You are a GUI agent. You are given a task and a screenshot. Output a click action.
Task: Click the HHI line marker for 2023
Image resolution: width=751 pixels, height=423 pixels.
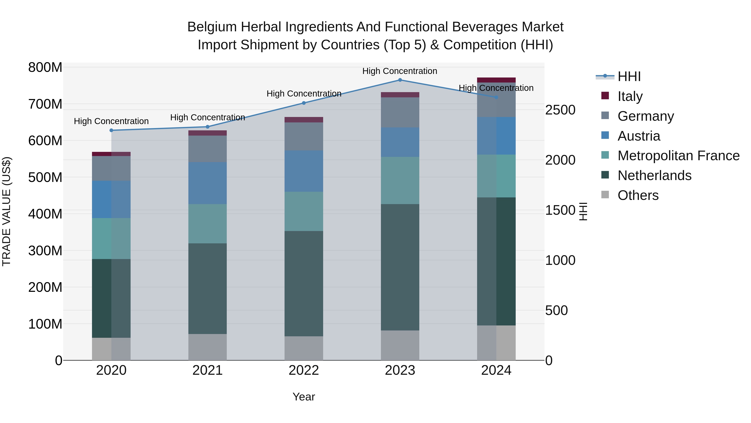400,80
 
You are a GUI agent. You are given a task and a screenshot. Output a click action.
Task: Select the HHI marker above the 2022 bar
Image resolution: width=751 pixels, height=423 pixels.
304,103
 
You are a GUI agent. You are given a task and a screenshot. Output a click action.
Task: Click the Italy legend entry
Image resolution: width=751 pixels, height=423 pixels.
630,96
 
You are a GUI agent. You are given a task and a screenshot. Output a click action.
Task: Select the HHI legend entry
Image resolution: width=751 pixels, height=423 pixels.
629,76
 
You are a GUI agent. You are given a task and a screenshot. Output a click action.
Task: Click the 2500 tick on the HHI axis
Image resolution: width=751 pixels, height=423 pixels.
560,110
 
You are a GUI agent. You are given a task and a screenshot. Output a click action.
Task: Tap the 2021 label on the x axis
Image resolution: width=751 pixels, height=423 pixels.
208,370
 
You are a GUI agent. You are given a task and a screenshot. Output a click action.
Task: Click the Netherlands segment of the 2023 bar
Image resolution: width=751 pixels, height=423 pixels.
400,267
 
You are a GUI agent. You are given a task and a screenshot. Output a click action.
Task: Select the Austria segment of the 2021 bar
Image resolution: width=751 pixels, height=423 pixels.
208,183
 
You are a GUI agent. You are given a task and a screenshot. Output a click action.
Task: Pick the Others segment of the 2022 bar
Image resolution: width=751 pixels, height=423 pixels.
304,348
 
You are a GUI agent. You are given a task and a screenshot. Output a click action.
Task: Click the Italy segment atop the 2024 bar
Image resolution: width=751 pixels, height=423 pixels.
496,80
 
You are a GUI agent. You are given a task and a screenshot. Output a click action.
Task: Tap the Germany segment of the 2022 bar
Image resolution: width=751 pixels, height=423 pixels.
304,136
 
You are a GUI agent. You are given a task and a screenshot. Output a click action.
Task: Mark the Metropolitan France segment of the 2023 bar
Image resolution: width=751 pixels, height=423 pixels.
400,180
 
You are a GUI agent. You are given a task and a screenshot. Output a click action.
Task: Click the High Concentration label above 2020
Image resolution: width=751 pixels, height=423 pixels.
111,121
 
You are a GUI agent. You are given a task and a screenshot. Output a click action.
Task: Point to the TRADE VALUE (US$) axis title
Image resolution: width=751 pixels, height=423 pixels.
6,211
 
